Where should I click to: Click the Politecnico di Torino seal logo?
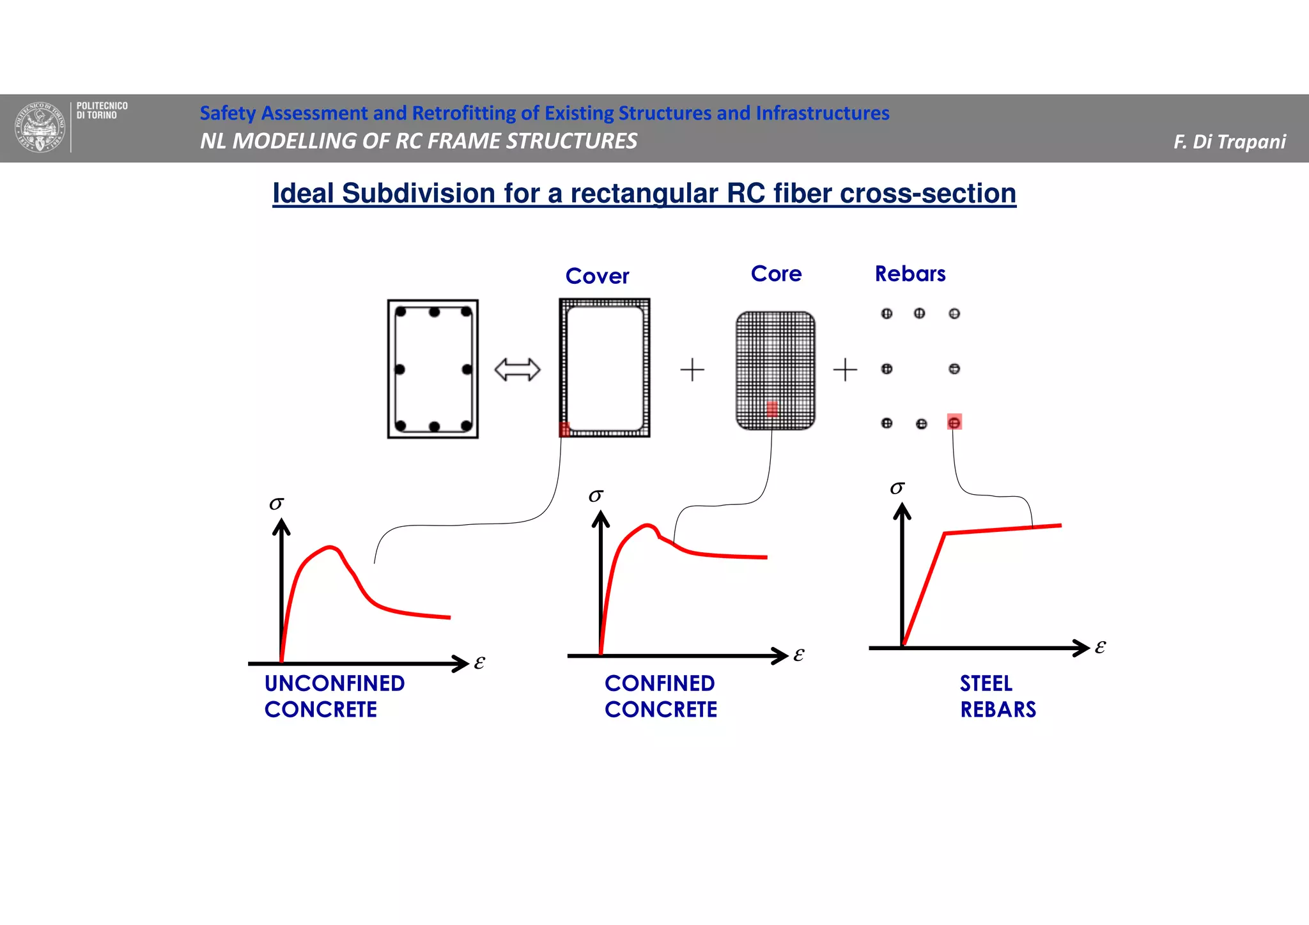(x=40, y=127)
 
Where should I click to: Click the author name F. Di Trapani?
(x=1229, y=141)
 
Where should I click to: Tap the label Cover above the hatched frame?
(x=597, y=276)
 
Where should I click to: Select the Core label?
(x=776, y=274)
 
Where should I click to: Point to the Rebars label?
(x=910, y=274)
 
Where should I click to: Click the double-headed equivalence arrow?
(x=517, y=369)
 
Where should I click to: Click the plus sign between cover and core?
(x=692, y=369)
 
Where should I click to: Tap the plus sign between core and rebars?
(x=845, y=369)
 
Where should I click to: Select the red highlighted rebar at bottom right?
(x=954, y=422)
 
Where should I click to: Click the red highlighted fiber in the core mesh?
(x=772, y=408)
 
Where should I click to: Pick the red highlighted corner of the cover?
(x=564, y=430)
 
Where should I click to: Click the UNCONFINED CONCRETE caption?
(x=334, y=696)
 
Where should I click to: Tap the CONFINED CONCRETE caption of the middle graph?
(x=661, y=696)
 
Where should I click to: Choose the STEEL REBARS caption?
(x=997, y=696)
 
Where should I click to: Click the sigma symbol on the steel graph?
(x=897, y=488)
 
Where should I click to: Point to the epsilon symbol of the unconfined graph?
(x=479, y=662)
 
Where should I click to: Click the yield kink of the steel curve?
(x=945, y=533)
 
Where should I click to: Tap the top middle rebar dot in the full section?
(x=435, y=313)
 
